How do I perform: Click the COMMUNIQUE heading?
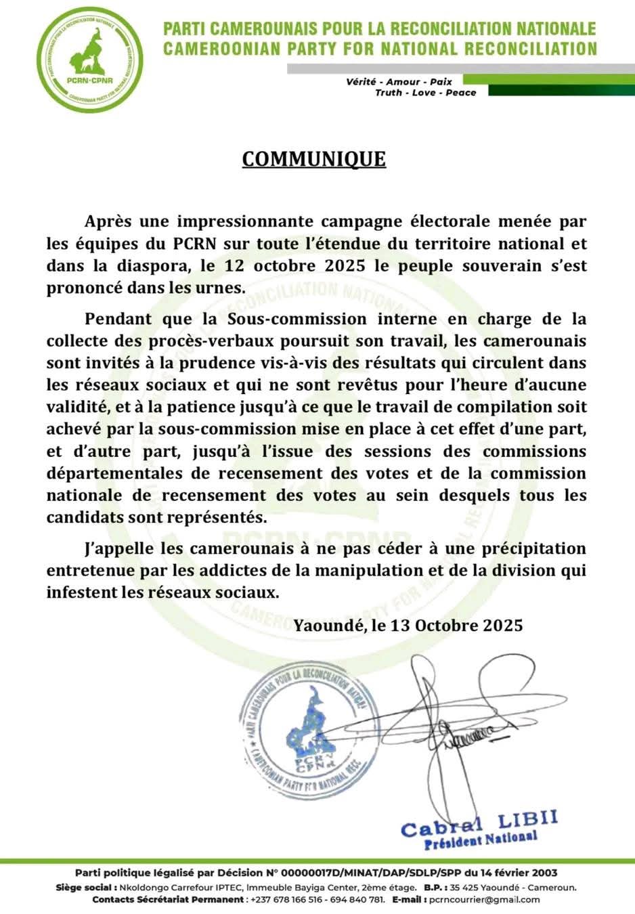(x=314, y=158)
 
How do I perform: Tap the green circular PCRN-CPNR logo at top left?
(x=89, y=58)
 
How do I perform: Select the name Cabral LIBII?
(x=479, y=823)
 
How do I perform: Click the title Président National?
(x=481, y=840)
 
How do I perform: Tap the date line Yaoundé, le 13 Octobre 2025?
(x=408, y=624)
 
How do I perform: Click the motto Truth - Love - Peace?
(x=426, y=93)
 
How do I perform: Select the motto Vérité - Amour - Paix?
(x=399, y=81)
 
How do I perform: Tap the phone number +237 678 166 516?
(x=286, y=900)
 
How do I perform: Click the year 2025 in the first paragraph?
(x=345, y=265)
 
